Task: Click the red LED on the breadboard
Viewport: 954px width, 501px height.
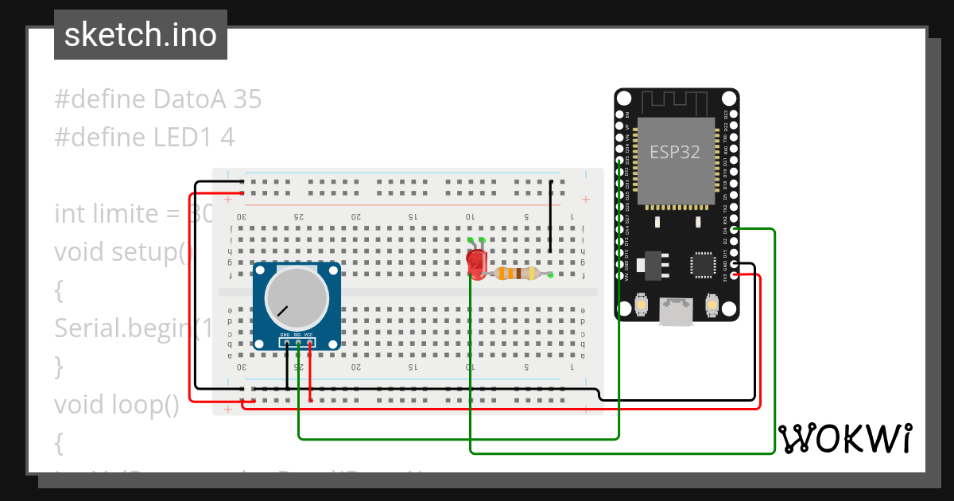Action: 477,262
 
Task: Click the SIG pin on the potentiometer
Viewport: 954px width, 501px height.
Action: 297,343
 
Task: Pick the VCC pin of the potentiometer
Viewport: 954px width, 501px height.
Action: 309,343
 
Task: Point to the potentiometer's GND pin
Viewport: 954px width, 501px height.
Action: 285,343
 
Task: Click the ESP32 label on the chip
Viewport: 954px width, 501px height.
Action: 675,152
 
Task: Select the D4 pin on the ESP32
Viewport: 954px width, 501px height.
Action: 734,229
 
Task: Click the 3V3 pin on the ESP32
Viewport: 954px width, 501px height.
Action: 734,275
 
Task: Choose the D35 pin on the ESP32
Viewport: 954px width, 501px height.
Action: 620,160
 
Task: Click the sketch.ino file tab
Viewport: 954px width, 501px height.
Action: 141,35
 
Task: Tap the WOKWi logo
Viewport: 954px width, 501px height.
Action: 844,438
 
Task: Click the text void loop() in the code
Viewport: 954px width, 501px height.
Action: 117,405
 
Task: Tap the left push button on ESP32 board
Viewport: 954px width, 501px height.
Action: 642,305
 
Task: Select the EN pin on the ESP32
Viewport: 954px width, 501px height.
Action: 620,115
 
